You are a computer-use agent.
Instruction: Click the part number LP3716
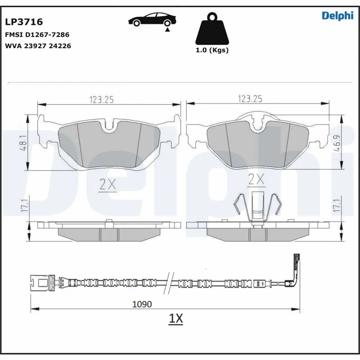pos(23,22)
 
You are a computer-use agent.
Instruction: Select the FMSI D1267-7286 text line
pos(36,34)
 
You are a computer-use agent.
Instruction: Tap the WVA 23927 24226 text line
pos(38,45)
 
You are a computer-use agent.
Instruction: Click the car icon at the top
pos(152,20)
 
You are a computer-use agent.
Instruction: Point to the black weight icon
pos(211,30)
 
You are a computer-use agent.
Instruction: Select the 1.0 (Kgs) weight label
pos(211,50)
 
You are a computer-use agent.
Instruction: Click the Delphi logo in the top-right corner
pos(337,16)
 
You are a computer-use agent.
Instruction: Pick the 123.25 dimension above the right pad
pos(250,99)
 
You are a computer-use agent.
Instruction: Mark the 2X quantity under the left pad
pos(108,184)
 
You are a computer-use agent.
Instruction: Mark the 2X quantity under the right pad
pos(256,180)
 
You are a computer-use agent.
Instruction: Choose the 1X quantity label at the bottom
pos(175,319)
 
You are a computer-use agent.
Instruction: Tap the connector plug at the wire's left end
pos(40,283)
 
